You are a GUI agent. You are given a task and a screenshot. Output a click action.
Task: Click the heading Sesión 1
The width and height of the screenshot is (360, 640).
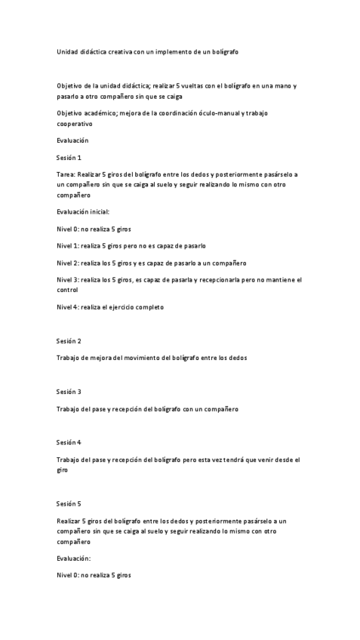pyautogui.click(x=69, y=158)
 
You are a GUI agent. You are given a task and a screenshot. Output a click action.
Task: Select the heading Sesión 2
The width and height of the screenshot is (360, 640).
pyautogui.click(x=69, y=341)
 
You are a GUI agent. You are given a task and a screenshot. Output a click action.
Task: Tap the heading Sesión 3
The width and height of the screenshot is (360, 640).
pyautogui.click(x=69, y=392)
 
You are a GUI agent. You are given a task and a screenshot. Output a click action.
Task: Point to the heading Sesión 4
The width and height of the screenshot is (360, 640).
pyautogui.click(x=69, y=442)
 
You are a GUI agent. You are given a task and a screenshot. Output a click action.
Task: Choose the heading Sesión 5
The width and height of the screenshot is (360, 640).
pyautogui.click(x=69, y=503)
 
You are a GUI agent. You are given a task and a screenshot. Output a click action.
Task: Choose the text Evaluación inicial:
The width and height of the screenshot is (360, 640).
pyautogui.click(x=83, y=212)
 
